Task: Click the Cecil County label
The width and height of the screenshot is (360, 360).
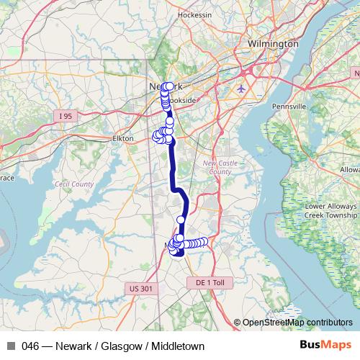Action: pyautogui.click(x=74, y=184)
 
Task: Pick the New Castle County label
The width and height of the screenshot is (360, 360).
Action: pyautogui.click(x=217, y=168)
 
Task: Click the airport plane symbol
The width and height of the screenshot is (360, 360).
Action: pyautogui.click(x=240, y=89)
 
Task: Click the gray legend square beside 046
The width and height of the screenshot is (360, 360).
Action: pyautogui.click(x=12, y=346)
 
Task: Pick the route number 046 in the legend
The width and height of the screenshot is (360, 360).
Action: pyautogui.click(x=30, y=346)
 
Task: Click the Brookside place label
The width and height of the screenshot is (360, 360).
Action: pyautogui.click(x=181, y=101)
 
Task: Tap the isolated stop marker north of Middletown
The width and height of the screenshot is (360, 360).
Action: pyautogui.click(x=181, y=220)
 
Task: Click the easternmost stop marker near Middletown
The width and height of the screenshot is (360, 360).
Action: pyautogui.click(x=204, y=242)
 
